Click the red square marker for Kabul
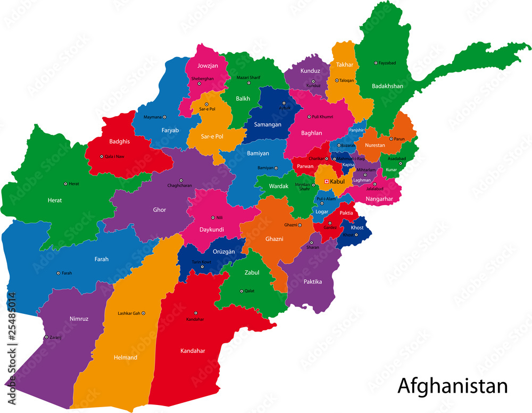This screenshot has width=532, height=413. (327, 182)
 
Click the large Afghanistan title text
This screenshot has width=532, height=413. (452, 385)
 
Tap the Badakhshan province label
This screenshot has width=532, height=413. (387, 86)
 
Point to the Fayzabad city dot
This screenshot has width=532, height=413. (376, 63)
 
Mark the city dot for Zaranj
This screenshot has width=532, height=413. (46, 337)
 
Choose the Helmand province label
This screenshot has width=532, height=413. (125, 357)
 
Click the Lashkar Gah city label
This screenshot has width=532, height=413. (128, 313)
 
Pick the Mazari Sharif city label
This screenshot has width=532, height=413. (248, 77)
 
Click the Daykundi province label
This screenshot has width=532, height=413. (211, 230)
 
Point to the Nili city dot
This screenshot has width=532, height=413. (212, 217)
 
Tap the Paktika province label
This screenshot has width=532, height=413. (312, 281)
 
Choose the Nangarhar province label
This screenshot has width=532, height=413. (379, 199)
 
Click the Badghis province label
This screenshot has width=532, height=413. (119, 142)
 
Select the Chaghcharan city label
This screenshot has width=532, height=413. (180, 185)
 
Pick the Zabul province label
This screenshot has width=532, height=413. (252, 272)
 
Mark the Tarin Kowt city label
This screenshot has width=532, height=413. (202, 262)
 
